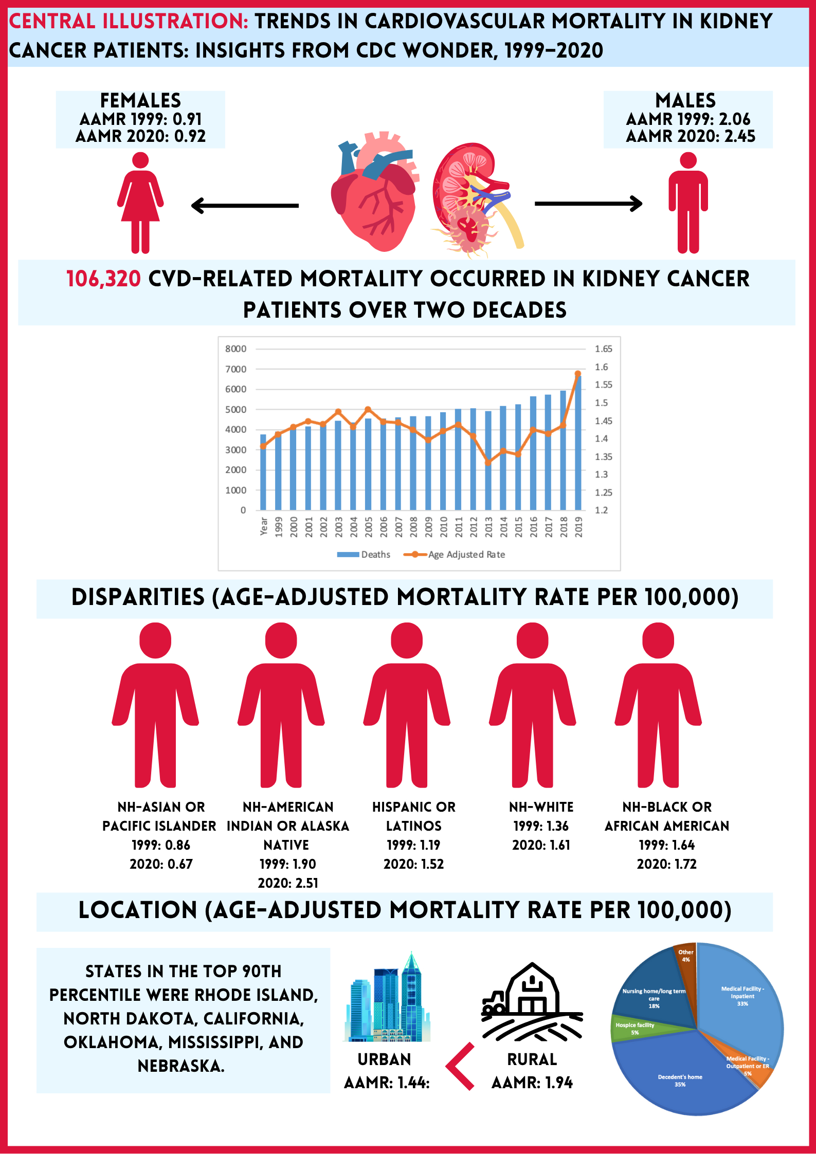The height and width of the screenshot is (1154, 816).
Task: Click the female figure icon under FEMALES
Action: pos(140,203)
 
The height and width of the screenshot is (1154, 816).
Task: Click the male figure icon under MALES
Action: pos(688,203)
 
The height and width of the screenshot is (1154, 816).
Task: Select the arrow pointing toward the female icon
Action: pos(245,206)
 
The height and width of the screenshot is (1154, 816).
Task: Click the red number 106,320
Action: pos(103,279)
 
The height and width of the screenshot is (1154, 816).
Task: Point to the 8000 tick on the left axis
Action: pos(236,349)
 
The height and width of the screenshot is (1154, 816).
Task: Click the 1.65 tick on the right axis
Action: pos(603,349)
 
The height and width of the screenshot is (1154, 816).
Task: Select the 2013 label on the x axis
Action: pos(488,527)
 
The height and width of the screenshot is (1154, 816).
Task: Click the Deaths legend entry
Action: pos(364,555)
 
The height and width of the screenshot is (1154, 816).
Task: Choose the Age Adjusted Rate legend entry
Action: pos(455,555)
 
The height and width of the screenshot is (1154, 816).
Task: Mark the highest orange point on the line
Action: pos(577,374)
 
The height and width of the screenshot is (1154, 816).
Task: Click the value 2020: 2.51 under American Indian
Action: pos(288,883)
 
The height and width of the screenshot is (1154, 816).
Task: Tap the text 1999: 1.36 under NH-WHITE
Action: pos(541,826)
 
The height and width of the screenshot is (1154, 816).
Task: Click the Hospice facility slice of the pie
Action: pos(636,1028)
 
